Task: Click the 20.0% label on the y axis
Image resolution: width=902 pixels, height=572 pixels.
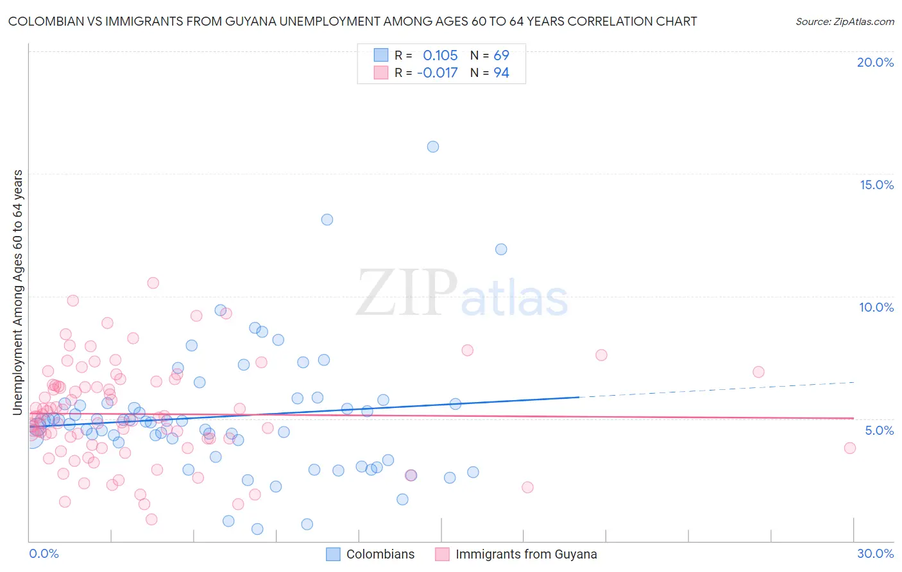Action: click(x=875, y=62)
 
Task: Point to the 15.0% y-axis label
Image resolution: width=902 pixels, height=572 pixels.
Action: click(x=876, y=185)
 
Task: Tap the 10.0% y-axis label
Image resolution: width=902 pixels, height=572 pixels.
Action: click(x=876, y=307)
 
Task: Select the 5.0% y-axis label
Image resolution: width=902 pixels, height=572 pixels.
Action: click(x=879, y=430)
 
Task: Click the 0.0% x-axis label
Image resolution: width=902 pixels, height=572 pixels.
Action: click(x=44, y=553)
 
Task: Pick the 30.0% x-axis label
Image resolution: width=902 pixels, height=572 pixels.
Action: click(x=875, y=553)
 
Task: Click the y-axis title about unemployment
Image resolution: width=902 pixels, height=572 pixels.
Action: click(x=18, y=292)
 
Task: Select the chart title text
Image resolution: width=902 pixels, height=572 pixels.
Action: click(x=352, y=22)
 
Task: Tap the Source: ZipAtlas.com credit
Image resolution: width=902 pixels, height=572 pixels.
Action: click(x=844, y=22)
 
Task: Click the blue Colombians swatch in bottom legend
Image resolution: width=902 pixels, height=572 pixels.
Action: click(x=333, y=554)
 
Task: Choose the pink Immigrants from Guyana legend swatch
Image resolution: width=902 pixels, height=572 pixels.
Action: click(x=442, y=554)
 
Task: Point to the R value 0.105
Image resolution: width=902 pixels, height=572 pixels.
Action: click(x=440, y=55)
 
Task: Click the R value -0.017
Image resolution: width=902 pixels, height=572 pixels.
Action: click(x=437, y=72)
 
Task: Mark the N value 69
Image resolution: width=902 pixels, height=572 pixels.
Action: click(x=501, y=55)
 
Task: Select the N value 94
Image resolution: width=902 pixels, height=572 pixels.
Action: click(x=501, y=72)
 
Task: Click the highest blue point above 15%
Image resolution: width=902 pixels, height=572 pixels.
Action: click(x=433, y=147)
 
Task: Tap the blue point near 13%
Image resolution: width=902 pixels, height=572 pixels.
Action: click(x=327, y=219)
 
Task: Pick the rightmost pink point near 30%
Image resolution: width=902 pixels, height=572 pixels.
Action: click(x=850, y=448)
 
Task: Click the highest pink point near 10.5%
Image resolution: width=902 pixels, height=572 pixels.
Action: click(x=153, y=283)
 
